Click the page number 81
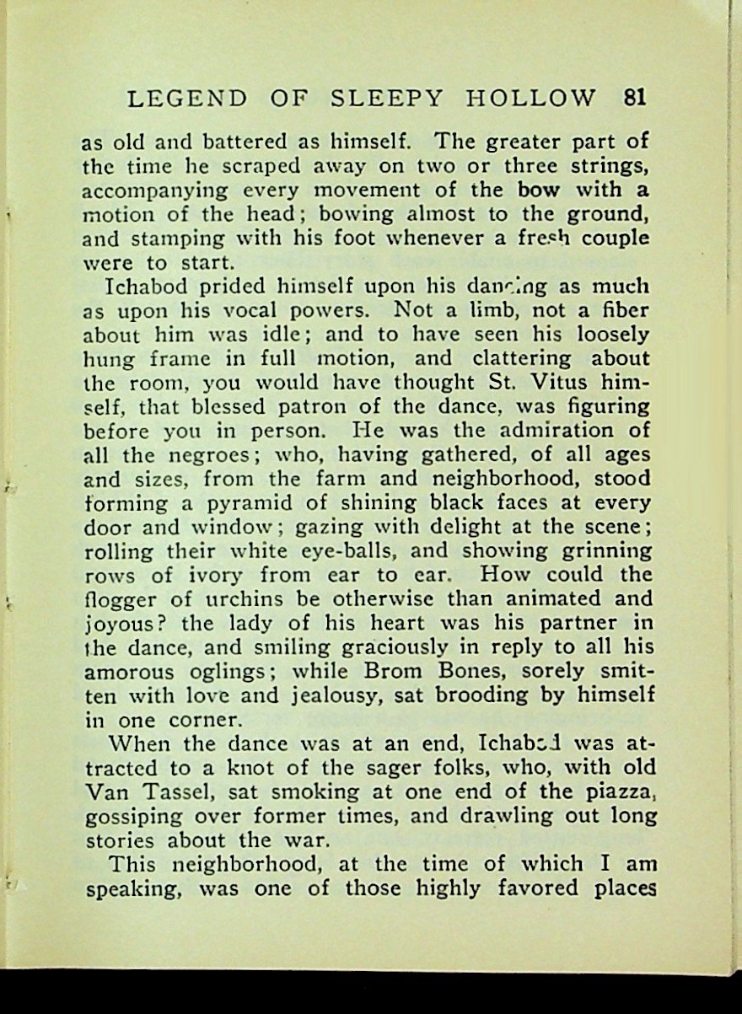635,98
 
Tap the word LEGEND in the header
186,99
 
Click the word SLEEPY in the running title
386,99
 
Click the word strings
603,166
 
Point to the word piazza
616,793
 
